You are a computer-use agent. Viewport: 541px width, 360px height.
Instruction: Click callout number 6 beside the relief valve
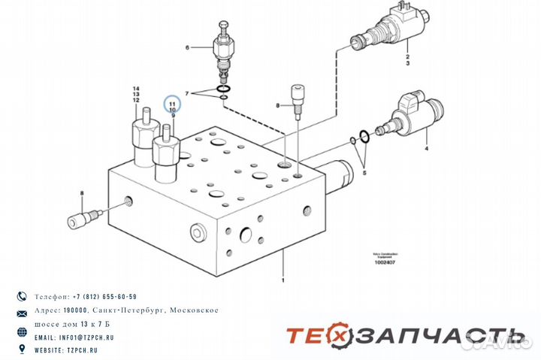point(188,47)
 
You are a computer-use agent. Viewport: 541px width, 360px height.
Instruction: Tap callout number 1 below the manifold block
point(283,280)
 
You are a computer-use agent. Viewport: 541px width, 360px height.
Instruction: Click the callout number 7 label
point(189,93)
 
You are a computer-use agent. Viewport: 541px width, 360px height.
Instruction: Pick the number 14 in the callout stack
point(136,88)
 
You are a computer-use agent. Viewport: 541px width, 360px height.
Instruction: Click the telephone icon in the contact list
point(21,297)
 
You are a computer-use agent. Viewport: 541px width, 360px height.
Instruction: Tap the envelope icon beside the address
point(21,311)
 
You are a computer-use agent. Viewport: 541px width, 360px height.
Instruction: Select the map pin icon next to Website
point(21,350)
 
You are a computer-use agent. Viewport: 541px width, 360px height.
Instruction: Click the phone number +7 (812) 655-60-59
point(104,297)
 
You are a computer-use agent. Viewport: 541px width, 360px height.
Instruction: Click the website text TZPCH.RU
point(83,350)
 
